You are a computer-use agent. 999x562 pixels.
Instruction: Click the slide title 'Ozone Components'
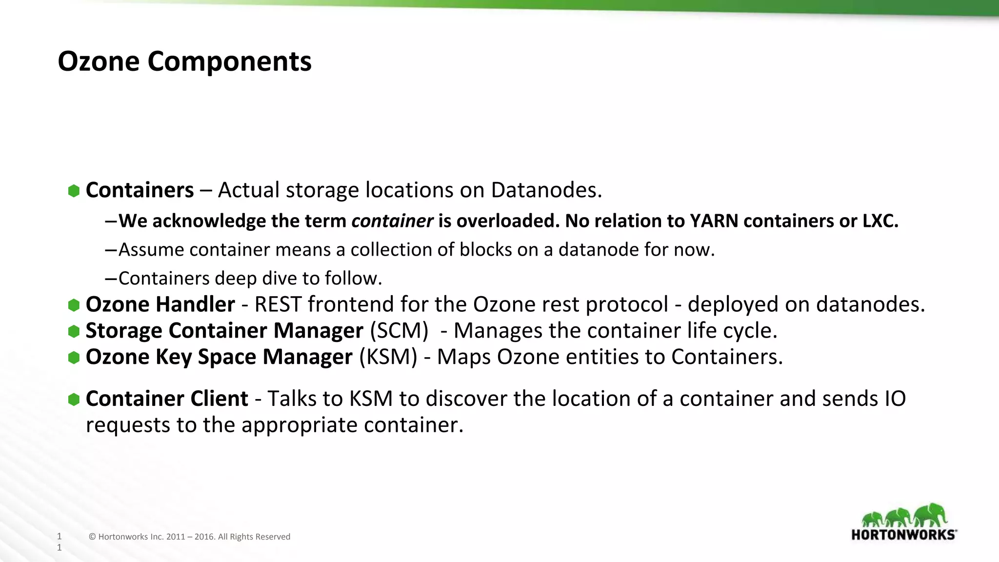click(x=184, y=62)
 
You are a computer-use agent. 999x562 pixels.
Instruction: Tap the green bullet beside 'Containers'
click(x=74, y=191)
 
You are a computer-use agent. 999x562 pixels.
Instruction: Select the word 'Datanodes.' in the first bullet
click(x=546, y=190)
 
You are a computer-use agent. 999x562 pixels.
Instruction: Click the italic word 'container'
click(x=392, y=221)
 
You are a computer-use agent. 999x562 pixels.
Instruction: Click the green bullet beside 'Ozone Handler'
click(x=74, y=305)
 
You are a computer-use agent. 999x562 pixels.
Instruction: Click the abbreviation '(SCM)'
click(x=399, y=331)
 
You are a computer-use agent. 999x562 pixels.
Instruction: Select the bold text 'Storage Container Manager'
click(x=224, y=331)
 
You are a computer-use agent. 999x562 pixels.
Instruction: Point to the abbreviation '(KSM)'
click(x=388, y=357)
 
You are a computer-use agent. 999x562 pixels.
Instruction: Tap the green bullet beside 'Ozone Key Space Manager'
click(x=74, y=358)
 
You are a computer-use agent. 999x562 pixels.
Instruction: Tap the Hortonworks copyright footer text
click(x=189, y=537)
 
